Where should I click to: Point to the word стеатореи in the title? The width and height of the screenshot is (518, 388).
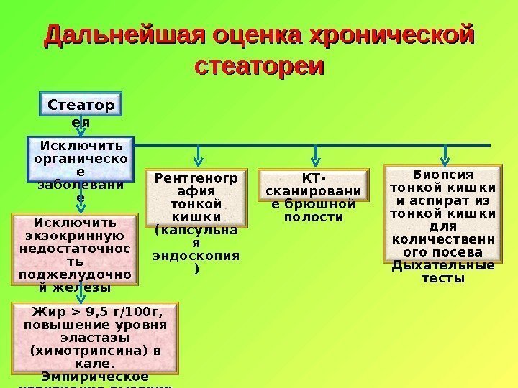260,66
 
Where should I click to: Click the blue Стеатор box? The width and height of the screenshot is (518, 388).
81,106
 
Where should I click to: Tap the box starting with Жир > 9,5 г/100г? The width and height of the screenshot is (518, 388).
96,343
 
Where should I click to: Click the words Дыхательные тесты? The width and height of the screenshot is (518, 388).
442,272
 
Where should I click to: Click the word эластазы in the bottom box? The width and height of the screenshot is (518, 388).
96,336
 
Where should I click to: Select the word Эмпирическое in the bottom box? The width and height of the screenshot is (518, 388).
96,376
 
